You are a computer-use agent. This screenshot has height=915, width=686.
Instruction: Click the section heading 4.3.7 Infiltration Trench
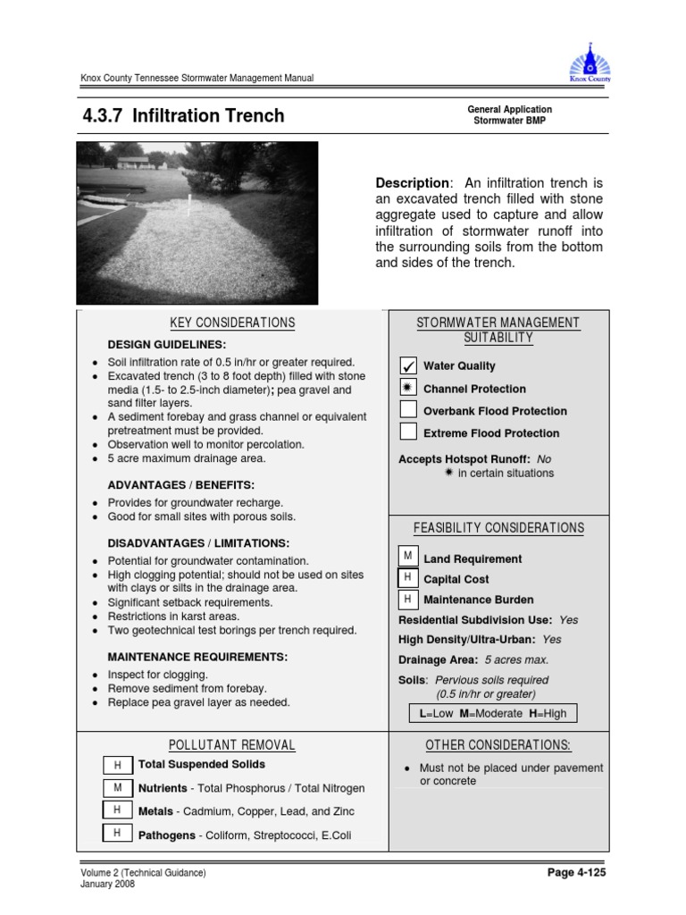point(183,115)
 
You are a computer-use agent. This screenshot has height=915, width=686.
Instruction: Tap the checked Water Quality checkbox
point(408,365)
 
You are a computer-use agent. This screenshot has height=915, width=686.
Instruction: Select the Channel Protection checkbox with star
point(408,388)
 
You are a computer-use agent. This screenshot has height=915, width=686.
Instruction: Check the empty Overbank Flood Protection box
point(408,410)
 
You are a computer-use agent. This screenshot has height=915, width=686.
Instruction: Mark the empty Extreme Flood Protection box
point(408,432)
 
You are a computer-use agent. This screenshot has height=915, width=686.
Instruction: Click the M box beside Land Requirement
point(407,558)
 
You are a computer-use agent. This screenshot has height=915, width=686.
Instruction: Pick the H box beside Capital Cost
point(407,578)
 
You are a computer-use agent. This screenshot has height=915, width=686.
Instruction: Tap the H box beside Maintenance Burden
point(407,599)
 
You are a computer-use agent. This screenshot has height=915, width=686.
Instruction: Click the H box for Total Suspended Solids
point(116,766)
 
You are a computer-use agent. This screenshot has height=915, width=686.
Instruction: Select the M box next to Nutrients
point(116,788)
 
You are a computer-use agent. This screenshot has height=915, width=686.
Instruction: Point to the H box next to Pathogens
point(116,834)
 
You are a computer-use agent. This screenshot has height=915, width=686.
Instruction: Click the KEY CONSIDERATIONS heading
point(231,323)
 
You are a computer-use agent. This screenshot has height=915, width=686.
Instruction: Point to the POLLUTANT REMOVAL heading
point(231,745)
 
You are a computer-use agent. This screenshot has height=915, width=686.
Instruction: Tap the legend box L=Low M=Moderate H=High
point(493,713)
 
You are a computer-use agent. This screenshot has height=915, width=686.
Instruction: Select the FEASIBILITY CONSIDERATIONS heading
point(498,528)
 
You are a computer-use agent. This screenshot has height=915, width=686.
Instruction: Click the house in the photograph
point(133,163)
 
